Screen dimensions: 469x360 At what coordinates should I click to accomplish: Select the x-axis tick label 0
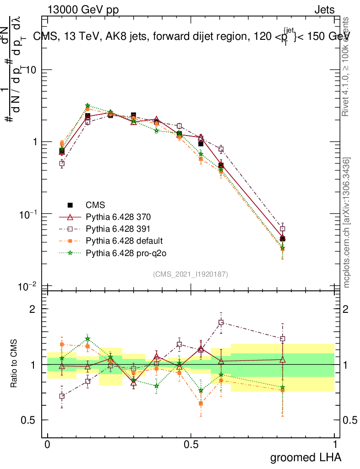coord(48,445)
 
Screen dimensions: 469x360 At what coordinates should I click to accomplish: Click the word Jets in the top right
coord(324,10)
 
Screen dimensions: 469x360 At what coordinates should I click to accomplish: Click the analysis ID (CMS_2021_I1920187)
coord(191,274)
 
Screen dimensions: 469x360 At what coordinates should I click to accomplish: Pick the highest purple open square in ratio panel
coord(221,322)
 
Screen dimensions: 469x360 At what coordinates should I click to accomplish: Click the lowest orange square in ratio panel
coord(200,404)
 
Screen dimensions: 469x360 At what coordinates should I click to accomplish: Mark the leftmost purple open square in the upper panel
coord(62,164)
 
